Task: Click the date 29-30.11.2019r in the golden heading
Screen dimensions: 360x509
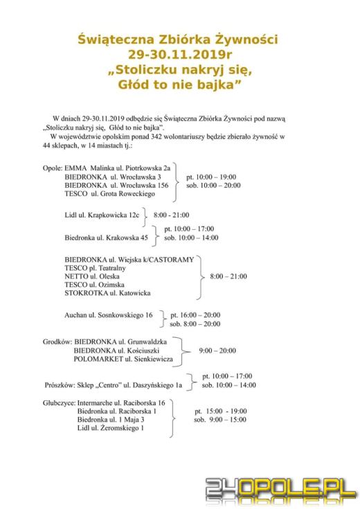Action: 179,55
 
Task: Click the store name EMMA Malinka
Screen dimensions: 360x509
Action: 87,168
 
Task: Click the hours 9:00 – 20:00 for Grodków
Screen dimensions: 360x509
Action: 217,350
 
